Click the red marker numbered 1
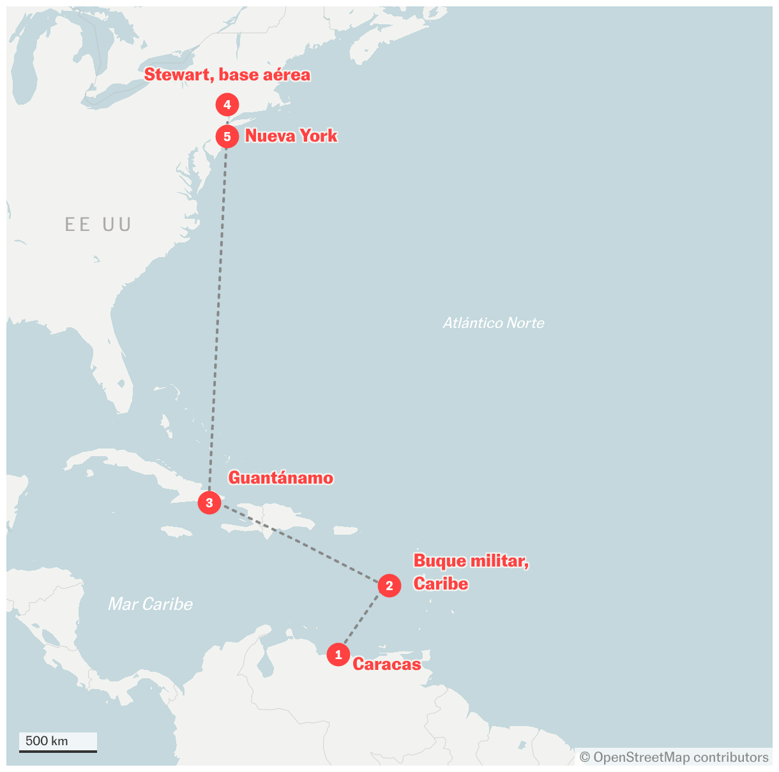pyautogui.click(x=338, y=655)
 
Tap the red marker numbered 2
pyautogui.click(x=390, y=586)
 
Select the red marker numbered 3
pyautogui.click(x=209, y=503)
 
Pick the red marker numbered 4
pyautogui.click(x=227, y=105)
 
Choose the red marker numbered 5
pyautogui.click(x=227, y=137)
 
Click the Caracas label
pyautogui.click(x=386, y=664)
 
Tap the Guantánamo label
pyautogui.click(x=281, y=478)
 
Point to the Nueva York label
pyautogui.click(x=291, y=136)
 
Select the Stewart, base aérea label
pyautogui.click(x=227, y=75)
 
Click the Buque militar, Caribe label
pyautogui.click(x=471, y=572)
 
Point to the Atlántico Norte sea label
pyautogui.click(x=494, y=323)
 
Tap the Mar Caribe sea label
pyautogui.click(x=150, y=604)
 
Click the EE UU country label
pyautogui.click(x=98, y=225)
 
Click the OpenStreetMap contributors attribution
pyautogui.click(x=674, y=757)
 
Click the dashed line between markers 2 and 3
pyautogui.click(x=300, y=544)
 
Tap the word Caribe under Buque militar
pyautogui.click(x=441, y=584)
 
